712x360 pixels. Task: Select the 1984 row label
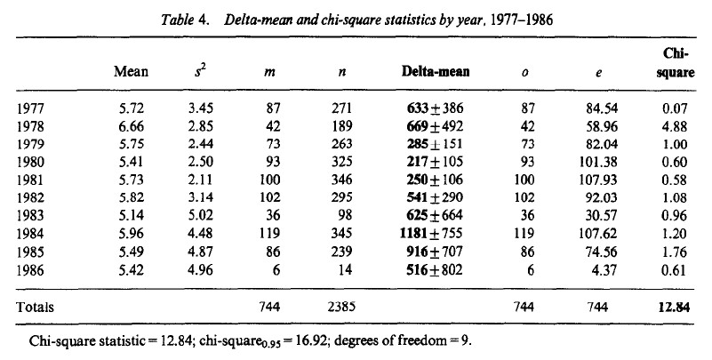[x=29, y=236]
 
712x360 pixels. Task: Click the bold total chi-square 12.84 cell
[x=676, y=307]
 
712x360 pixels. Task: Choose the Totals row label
[x=36, y=307]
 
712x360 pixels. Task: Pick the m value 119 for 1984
[x=269, y=236]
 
